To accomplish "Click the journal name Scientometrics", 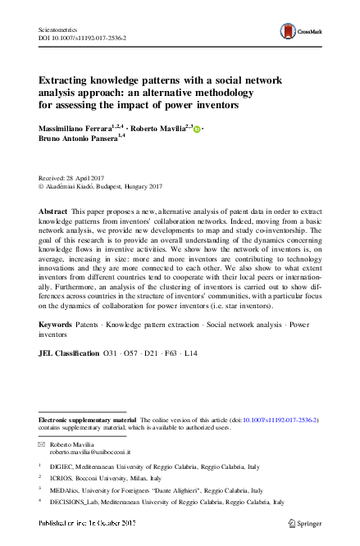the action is [63, 27].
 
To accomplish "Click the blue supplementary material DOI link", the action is [283, 418].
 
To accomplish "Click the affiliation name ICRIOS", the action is [63, 478].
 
